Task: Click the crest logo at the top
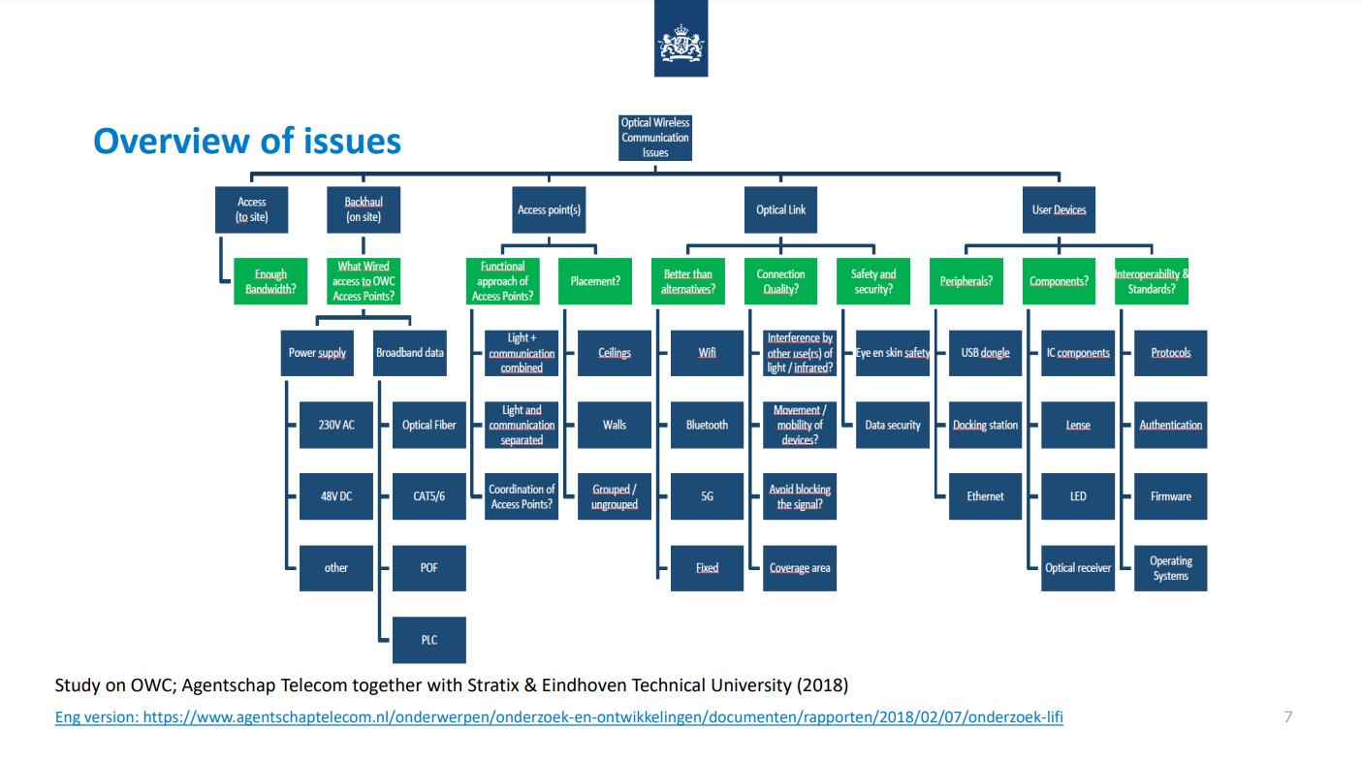681,40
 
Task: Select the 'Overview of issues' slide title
247,142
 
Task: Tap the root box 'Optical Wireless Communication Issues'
655,138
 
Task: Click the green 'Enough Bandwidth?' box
270,281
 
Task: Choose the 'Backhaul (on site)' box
364,209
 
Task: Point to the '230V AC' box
335,425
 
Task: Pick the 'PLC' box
428,640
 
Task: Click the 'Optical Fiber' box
428,425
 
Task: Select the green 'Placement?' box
595,281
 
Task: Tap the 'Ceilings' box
615,353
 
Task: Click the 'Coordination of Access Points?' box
522,496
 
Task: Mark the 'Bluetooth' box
707,425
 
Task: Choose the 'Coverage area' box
800,568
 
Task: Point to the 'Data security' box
893,425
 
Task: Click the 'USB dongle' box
985,353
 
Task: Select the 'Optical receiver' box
1078,568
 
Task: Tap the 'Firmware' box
1171,496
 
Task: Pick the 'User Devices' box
1059,209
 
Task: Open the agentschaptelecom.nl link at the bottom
559,718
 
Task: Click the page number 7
1287,717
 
